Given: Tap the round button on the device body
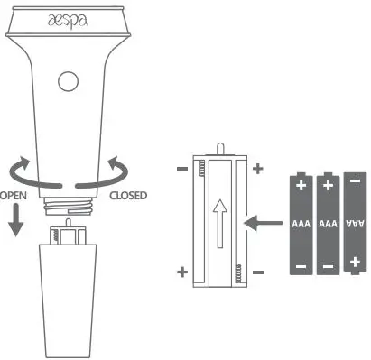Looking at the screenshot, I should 67,81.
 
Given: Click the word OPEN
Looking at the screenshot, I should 12,194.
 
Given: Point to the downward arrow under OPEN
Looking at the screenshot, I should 14,222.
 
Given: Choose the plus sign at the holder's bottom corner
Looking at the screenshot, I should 181,272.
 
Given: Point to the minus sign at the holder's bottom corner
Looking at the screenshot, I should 257,272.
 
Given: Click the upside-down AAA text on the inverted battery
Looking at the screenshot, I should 355,221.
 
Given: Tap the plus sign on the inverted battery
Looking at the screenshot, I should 355,263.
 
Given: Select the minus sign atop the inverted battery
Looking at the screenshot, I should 355,181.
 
